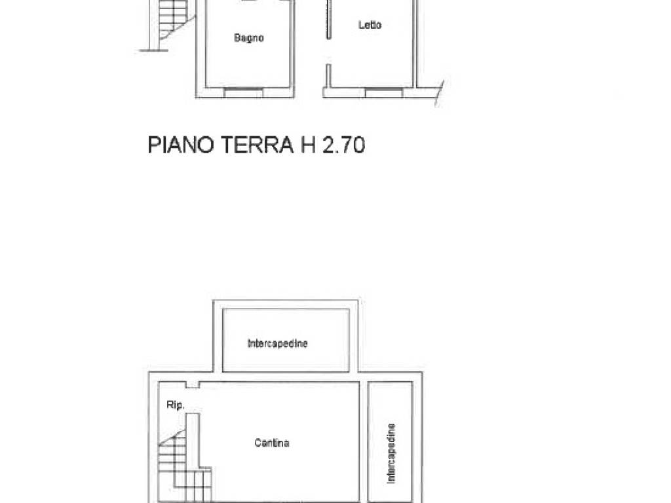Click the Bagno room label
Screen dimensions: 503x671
249,38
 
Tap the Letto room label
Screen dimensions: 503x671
370,26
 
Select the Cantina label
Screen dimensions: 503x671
272,443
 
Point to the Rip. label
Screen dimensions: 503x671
176,406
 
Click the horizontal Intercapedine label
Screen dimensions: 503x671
277,343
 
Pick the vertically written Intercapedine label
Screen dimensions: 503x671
391,453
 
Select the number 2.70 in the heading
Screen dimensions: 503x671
342,145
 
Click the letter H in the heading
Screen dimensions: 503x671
308,145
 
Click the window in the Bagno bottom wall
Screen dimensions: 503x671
243,92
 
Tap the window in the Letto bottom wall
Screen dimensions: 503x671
383,92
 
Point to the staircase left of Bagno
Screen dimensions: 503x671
173,26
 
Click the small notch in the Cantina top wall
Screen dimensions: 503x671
191,385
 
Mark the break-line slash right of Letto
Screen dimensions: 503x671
440,94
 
